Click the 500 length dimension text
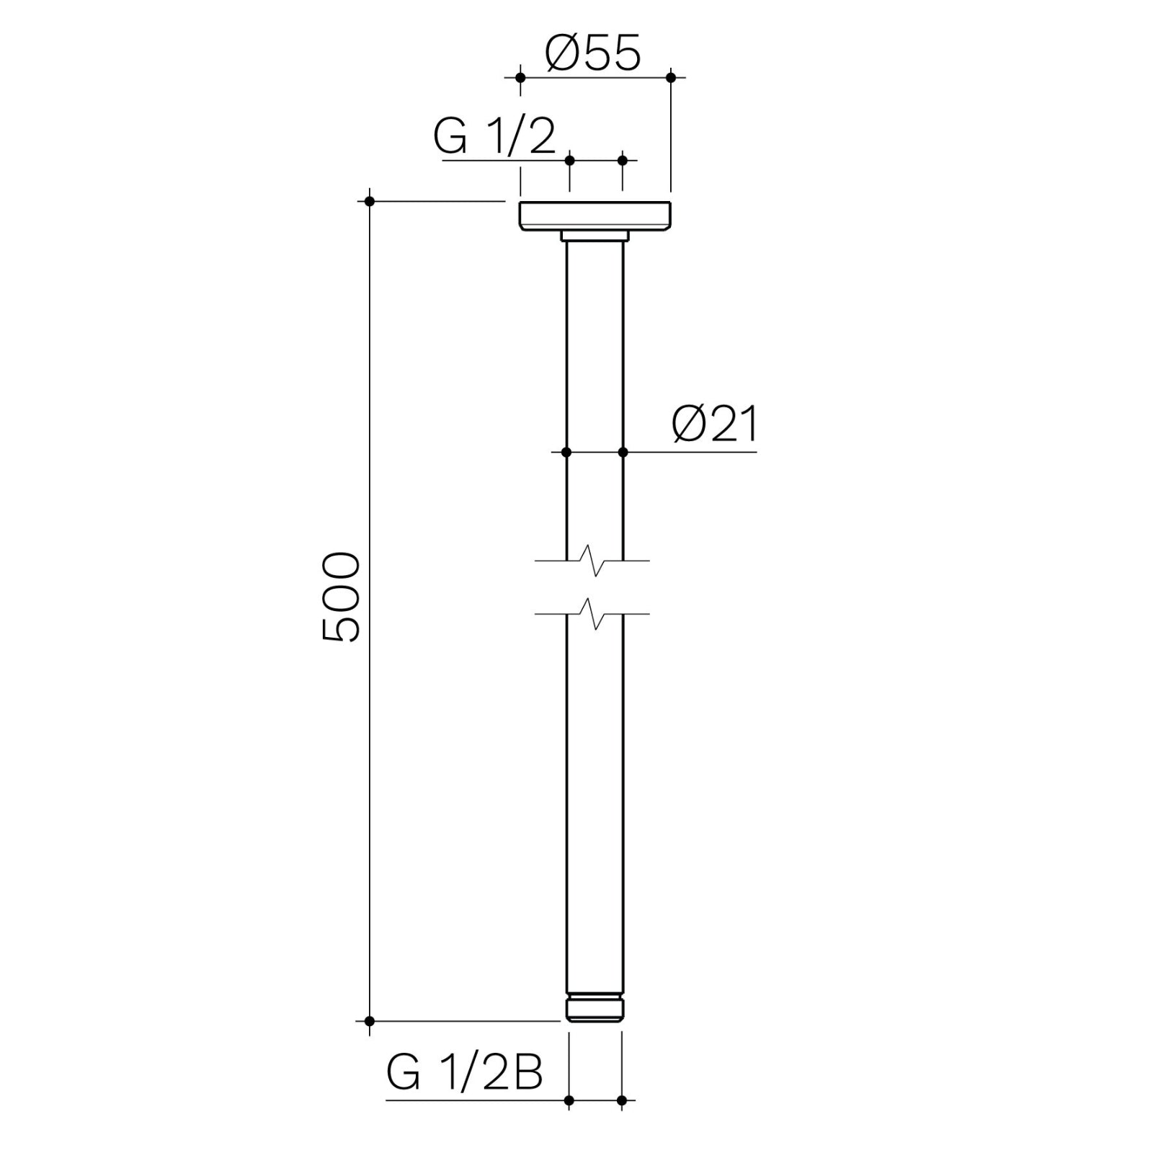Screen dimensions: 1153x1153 341,597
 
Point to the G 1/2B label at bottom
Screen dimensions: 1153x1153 464,1073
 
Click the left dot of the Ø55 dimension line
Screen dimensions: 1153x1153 520,76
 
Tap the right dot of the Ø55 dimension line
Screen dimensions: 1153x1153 671,76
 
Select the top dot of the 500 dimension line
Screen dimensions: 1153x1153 370,201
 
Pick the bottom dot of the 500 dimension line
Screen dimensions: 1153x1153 370,1021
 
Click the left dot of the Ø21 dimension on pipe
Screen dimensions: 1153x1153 566,453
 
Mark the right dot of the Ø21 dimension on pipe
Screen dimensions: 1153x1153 623,453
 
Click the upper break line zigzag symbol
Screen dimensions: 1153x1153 595,561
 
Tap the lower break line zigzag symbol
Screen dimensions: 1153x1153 595,614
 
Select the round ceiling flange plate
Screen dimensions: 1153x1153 595,216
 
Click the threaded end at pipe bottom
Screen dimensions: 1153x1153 595,1008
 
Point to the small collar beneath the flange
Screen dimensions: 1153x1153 595,236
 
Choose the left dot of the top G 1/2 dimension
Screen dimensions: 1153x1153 570,160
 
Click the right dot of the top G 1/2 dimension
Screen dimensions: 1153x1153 623,160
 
